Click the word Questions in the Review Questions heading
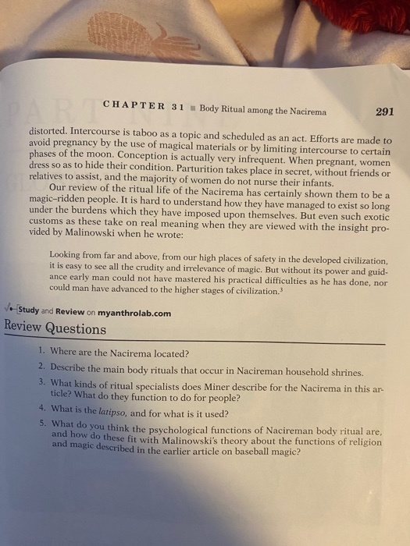[75, 329]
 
